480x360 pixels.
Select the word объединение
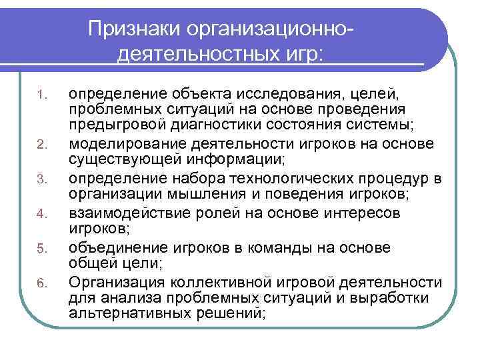coord(114,248)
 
